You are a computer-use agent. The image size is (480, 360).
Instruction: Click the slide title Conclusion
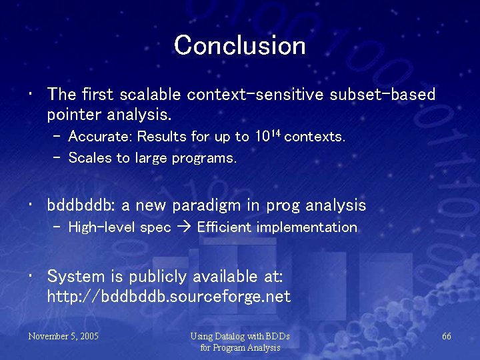(x=240, y=45)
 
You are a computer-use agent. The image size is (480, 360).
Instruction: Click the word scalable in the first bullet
(x=151, y=95)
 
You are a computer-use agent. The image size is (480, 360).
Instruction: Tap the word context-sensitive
(x=256, y=95)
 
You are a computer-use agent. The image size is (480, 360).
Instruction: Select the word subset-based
(x=383, y=95)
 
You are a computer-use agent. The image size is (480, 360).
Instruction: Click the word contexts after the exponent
(x=315, y=137)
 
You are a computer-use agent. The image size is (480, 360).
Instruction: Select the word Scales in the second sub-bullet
(x=87, y=158)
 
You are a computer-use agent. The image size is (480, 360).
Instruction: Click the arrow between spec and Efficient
(x=184, y=227)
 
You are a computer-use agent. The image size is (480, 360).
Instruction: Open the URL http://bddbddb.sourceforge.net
(x=169, y=296)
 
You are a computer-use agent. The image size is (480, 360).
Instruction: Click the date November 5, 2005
(x=63, y=336)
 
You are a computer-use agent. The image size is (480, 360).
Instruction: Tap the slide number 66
(x=446, y=336)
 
